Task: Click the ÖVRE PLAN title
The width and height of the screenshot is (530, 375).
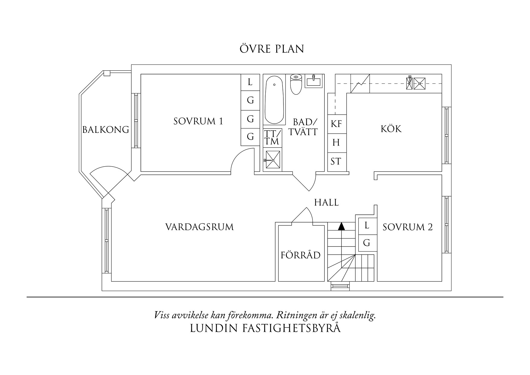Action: click(x=272, y=49)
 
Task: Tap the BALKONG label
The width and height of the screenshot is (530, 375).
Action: click(x=106, y=130)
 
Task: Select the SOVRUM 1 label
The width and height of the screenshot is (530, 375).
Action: click(x=198, y=121)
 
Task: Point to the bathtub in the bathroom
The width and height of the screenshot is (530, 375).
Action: click(x=274, y=100)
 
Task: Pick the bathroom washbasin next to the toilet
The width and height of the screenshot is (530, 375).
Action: click(x=314, y=81)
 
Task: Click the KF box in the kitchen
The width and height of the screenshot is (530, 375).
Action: click(x=336, y=123)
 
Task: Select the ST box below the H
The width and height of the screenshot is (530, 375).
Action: click(x=336, y=161)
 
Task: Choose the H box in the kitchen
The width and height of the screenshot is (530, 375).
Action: click(x=336, y=142)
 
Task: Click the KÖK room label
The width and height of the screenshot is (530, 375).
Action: click(x=391, y=129)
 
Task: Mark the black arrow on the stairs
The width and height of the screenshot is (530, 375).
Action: click(x=341, y=226)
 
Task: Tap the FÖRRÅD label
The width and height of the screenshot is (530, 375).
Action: click(x=300, y=255)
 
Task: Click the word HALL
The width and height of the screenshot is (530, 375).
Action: click(x=326, y=202)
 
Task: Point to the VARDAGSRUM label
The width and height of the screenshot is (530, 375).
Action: click(x=199, y=227)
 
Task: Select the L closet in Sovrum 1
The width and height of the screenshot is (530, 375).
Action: click(x=250, y=82)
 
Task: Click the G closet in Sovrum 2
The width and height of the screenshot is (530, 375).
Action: click(x=367, y=243)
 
